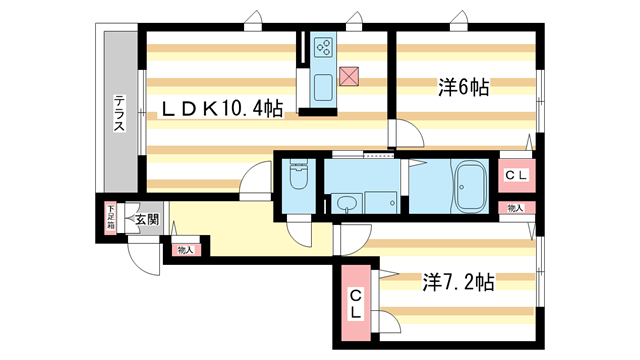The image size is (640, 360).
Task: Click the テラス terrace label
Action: pos(119,114)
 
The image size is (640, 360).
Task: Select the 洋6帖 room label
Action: pos(462,87)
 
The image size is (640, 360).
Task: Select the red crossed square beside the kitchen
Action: pos(349,75)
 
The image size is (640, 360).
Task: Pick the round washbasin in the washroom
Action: pos(346,204)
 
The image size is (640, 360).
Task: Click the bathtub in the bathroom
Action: pos(470,185)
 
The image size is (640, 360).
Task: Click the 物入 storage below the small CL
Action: pos(516,208)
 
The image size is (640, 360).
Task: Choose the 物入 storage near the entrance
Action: pos(185,249)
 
